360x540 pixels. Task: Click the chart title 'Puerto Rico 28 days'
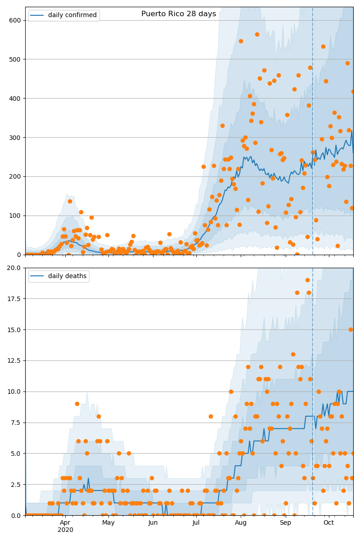179,14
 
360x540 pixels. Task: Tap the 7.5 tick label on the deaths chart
16,423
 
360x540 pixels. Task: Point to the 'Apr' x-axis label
65,522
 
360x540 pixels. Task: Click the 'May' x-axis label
108,522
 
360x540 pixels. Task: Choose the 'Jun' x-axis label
153,522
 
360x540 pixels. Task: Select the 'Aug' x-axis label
241,522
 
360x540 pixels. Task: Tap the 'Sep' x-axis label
285,522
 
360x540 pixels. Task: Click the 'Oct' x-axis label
328,522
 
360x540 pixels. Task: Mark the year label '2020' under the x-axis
65,530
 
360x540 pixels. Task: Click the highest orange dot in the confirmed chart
257,34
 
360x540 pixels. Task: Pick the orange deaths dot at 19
307,280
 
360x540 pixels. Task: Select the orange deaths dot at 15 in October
351,329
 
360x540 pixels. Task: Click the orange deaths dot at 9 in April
77,404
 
